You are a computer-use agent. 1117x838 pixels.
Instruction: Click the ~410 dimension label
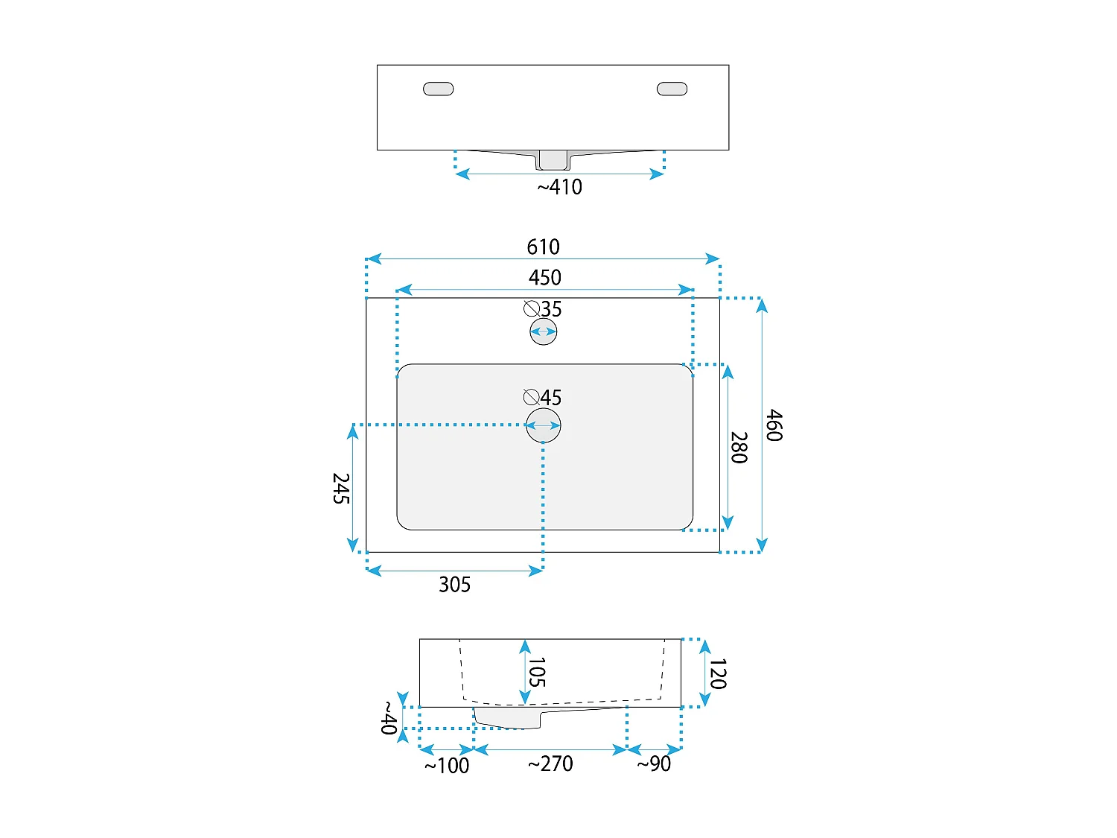559,187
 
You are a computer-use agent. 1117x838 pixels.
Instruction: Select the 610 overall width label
543,247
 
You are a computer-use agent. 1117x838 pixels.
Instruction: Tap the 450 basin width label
544,277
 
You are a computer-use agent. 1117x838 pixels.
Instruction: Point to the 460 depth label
774,425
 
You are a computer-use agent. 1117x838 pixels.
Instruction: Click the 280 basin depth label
738,447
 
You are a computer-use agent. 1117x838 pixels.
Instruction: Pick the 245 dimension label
340,489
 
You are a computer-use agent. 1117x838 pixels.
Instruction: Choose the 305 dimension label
454,585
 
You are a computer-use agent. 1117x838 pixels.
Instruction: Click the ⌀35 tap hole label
543,308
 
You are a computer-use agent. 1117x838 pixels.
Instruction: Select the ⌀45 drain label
542,397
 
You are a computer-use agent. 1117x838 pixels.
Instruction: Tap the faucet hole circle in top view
544,331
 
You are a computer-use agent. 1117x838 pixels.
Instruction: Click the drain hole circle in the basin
544,425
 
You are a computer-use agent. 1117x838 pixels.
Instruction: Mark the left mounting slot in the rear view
438,89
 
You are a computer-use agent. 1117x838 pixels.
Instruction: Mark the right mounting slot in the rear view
672,89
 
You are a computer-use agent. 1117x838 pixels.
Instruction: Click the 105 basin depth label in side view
536,672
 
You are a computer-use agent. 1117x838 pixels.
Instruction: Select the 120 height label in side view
717,673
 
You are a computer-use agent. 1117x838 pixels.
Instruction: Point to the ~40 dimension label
388,718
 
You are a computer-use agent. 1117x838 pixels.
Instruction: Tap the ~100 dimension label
447,766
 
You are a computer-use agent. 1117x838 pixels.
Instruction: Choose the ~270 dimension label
550,764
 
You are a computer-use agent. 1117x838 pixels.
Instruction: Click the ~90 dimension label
654,764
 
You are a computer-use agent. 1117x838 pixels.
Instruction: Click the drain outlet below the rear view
553,160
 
